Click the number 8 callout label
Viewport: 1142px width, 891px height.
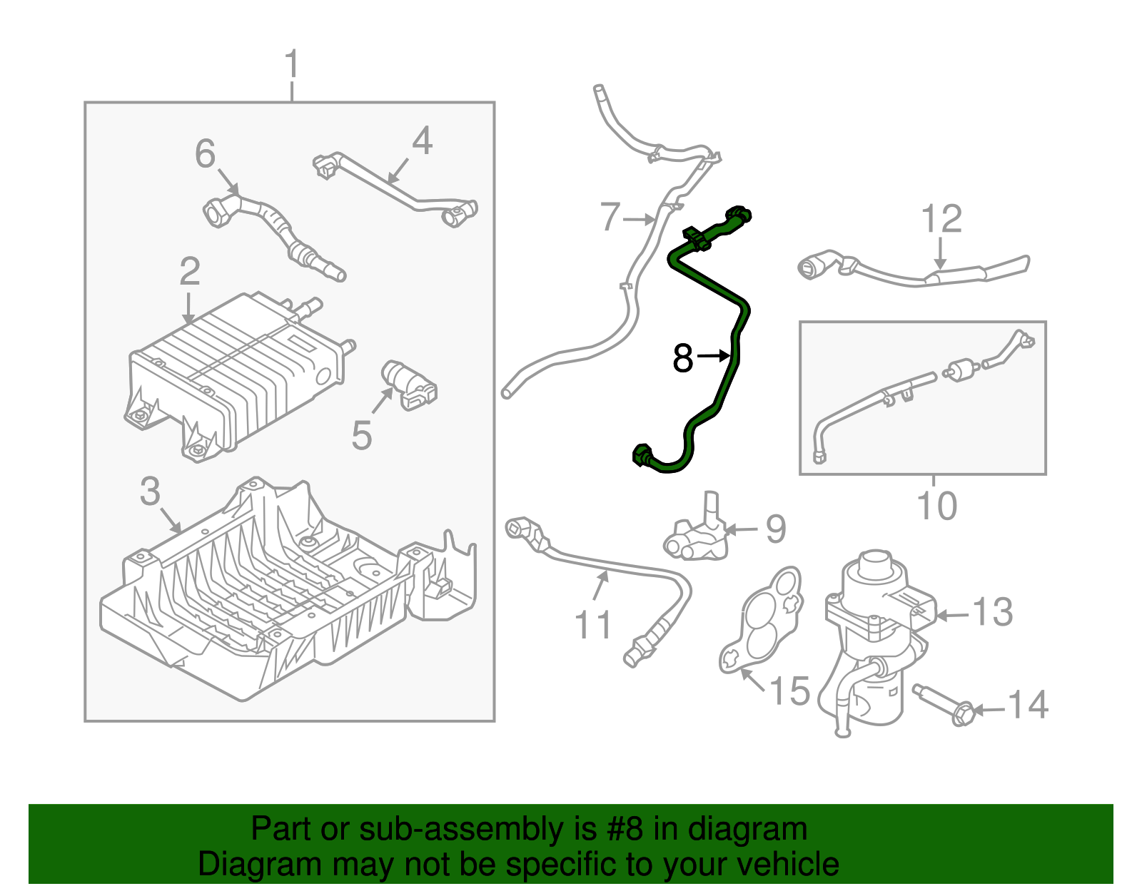tap(682, 357)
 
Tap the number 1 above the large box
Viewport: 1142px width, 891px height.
tap(291, 66)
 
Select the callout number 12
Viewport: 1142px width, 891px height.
tap(941, 219)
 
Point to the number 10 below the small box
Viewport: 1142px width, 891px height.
tap(936, 506)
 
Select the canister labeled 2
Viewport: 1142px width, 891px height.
tap(236, 371)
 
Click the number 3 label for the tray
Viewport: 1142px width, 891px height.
tap(150, 492)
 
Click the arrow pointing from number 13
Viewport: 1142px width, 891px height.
tap(954, 615)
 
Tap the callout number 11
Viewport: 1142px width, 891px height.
tap(593, 625)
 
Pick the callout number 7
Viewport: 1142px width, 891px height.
tap(610, 217)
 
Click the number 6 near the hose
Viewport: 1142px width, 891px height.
tap(206, 154)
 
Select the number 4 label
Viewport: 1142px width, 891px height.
tap(422, 141)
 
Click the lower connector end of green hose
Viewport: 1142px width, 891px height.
tap(642, 454)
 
